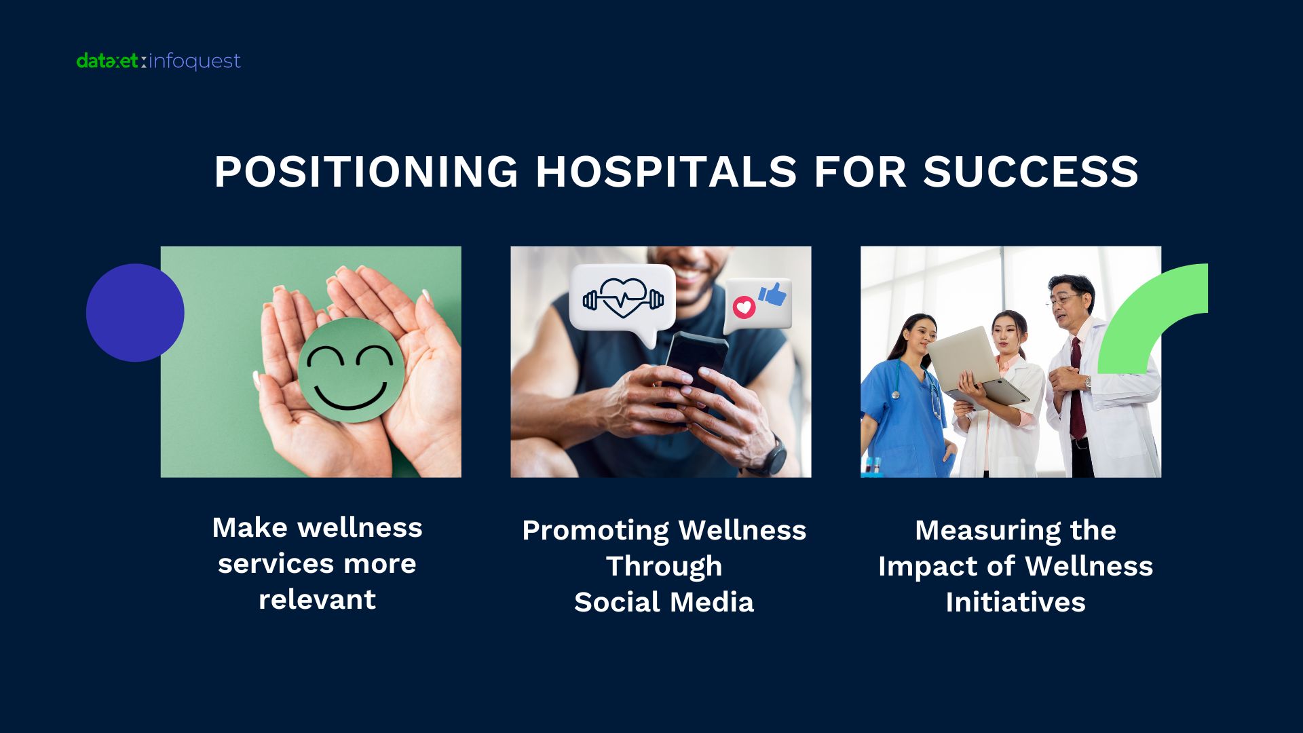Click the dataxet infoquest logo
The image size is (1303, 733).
pos(158,61)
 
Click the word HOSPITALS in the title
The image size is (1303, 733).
pos(666,171)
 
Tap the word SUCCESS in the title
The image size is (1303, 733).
pos(1030,171)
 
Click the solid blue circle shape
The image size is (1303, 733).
pos(135,312)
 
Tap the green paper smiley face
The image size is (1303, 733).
pos(351,371)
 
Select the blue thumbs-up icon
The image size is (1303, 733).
pos(773,295)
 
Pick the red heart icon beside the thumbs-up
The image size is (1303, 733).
pos(744,307)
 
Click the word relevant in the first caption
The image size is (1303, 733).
pos(317,600)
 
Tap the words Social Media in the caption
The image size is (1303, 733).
pos(664,603)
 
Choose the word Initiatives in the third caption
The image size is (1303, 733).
pos(1016,603)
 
